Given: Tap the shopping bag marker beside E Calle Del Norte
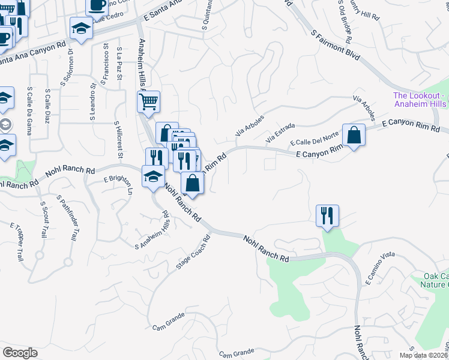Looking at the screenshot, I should click(x=354, y=134).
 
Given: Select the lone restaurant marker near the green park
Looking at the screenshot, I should click(x=327, y=215).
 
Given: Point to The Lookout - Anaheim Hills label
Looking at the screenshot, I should click(x=420, y=100).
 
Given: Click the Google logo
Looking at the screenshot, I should click(x=20, y=353).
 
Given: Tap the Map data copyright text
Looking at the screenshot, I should click(x=423, y=355).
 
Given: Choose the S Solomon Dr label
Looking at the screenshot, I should click(x=70, y=67).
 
